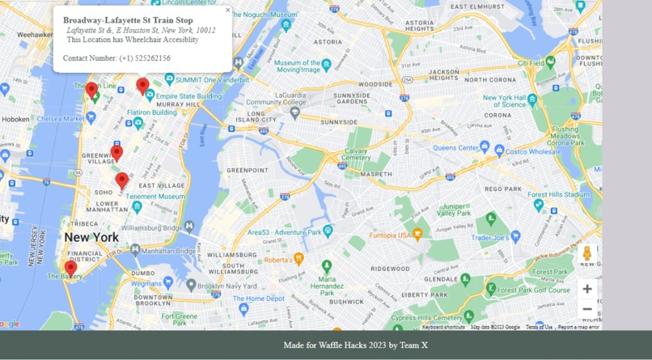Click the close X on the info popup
(x=227, y=11)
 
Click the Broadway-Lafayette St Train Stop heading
(x=128, y=20)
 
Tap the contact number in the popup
(x=116, y=58)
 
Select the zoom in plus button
(x=587, y=289)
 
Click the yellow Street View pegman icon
(x=587, y=254)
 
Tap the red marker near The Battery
(x=70, y=268)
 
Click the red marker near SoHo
(x=122, y=180)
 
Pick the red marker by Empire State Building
(x=142, y=85)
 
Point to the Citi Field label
(x=531, y=62)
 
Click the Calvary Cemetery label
(x=357, y=155)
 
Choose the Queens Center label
(x=456, y=148)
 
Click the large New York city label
(x=91, y=237)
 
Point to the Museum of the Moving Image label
(x=298, y=66)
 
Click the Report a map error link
(x=578, y=327)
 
